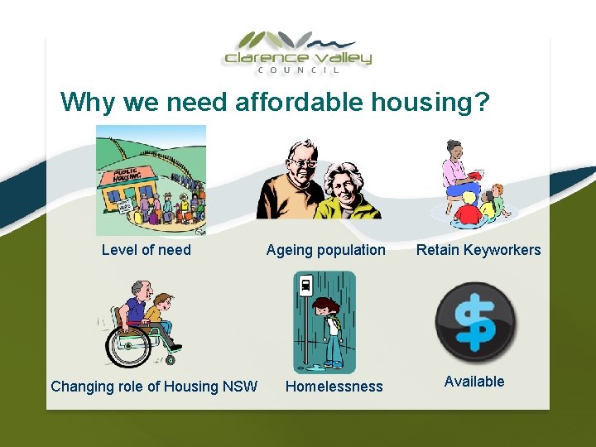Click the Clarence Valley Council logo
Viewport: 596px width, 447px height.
pos(298,51)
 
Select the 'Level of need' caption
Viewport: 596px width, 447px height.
pos(147,250)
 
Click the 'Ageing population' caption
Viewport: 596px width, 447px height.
pos(325,250)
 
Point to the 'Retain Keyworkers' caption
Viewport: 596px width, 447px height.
pos(478,250)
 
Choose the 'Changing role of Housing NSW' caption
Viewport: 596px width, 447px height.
pos(154,386)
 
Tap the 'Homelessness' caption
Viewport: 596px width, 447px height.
pos(334,386)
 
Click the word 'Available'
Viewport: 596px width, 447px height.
pos(474,382)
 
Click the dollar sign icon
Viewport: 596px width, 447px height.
pos(475,324)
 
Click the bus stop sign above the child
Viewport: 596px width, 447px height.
pos(305,286)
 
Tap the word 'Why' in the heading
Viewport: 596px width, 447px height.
pos(89,103)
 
